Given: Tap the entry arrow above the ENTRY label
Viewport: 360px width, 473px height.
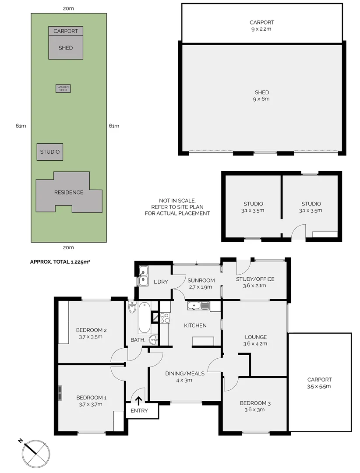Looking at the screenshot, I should click(138, 400).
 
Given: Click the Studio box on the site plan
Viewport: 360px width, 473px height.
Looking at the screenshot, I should click(49, 152).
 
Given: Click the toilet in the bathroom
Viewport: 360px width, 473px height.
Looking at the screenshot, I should click(132, 308).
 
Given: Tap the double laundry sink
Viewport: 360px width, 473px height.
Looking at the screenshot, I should click(143, 276).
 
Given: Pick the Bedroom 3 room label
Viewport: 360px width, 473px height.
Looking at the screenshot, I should click(255, 406).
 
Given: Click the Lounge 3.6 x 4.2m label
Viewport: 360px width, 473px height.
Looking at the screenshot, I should click(255, 340).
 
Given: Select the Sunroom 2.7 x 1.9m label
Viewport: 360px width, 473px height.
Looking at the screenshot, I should click(201, 284).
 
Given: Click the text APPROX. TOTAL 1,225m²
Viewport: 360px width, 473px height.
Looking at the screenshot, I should click(60, 262).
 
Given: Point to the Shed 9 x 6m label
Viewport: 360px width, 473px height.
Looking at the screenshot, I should click(262, 95).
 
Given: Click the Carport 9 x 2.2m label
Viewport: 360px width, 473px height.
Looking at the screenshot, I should click(262, 25).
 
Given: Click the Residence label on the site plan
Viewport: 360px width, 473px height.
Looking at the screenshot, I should click(68, 192).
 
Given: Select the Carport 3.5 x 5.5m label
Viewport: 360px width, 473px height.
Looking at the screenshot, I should click(319, 383).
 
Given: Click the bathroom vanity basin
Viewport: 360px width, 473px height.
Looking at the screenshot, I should click(152, 339).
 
